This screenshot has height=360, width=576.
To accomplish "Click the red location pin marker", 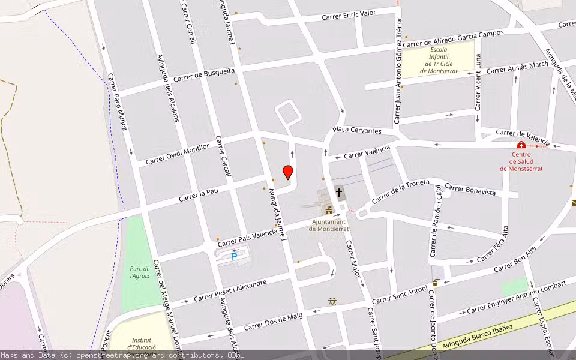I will click(x=288, y=172).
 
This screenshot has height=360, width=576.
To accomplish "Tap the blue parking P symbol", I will click(x=234, y=257).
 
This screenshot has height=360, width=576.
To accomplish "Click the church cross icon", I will click(x=339, y=193).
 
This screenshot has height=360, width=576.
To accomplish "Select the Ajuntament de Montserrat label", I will click(x=328, y=225).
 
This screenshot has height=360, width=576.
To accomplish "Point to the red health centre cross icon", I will click(x=521, y=145).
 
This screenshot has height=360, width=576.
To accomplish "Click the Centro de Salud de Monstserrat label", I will click(x=521, y=161).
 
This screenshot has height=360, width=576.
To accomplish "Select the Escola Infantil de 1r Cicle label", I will click(x=438, y=60).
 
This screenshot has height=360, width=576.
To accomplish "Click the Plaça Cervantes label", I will click(x=357, y=130).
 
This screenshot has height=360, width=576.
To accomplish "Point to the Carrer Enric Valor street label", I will click(x=349, y=15).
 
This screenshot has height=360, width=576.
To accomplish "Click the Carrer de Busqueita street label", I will click(x=204, y=75).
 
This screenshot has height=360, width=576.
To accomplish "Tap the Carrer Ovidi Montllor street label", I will click(x=178, y=154).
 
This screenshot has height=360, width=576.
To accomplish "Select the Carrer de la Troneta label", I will click(x=401, y=191).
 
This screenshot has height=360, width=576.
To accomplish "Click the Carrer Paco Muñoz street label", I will click(x=118, y=101).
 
